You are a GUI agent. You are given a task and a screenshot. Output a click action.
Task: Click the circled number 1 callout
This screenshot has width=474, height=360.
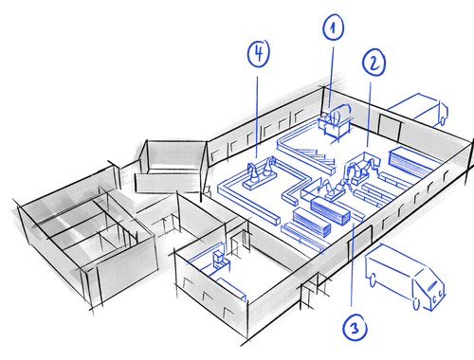tap(333, 27)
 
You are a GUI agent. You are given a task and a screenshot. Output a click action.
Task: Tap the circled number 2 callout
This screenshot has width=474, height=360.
tap(374, 63)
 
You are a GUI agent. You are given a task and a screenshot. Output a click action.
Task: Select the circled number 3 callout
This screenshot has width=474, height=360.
tap(355, 328)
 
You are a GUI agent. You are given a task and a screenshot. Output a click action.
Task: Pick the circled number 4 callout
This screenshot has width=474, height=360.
tap(259, 53)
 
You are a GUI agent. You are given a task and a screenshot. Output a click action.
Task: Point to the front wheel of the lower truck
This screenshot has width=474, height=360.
tap(417, 304)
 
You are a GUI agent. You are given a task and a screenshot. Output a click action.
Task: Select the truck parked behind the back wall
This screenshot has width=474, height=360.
tap(418, 109)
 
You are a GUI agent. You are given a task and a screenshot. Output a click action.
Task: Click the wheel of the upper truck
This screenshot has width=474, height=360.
tap(443, 120)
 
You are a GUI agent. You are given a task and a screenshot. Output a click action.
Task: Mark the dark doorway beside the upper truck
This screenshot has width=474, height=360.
tap(390, 128)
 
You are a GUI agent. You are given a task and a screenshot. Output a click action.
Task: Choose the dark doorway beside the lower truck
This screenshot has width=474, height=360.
tap(360, 243)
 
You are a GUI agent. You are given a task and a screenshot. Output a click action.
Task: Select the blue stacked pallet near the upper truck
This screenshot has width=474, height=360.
tap(410, 162)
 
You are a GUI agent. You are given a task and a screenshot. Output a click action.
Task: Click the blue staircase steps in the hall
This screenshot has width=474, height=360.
tap(316, 155)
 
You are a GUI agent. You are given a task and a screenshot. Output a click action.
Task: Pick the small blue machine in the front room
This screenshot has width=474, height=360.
tap(220, 260)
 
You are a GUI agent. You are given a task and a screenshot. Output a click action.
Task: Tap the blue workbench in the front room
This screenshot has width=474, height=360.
tap(230, 289)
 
